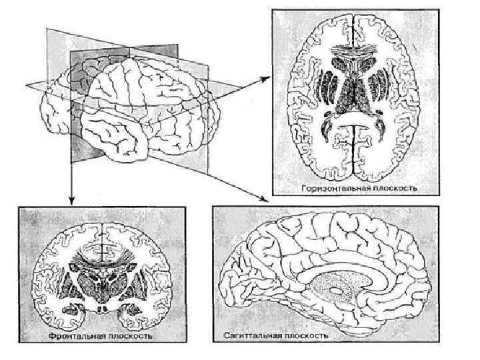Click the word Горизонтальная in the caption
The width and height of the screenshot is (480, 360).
coord(333,189)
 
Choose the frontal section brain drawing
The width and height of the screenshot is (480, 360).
coord(101,273)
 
